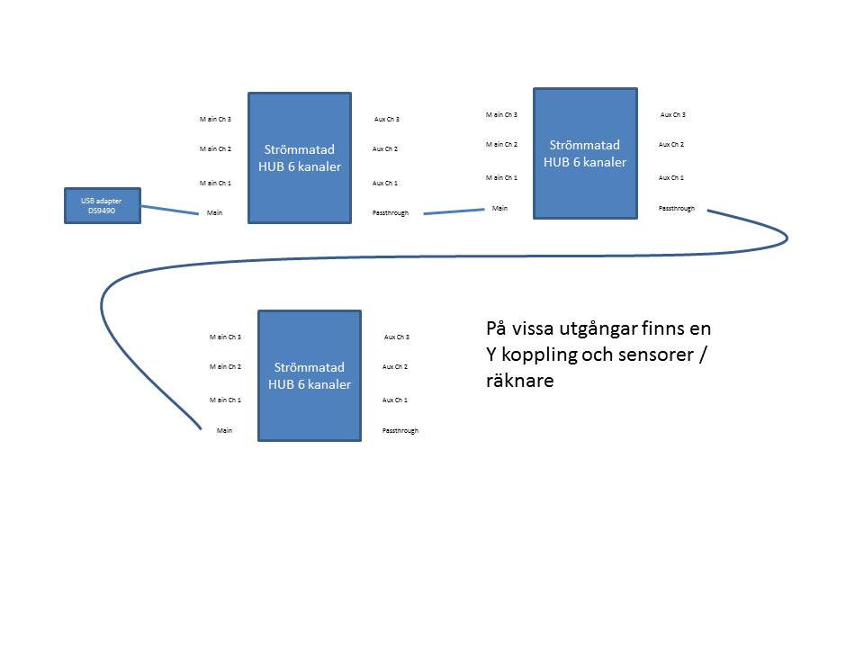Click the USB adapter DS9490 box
coord(103,205)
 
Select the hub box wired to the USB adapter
coord(300,157)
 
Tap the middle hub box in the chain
coord(585,153)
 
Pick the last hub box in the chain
coord(310,375)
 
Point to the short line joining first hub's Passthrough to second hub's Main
coord(454,211)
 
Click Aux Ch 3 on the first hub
coord(387,120)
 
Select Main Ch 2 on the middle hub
coord(501,144)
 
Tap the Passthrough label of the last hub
coord(400,431)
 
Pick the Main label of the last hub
coord(225,431)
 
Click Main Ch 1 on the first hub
coord(215,184)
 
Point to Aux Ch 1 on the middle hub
coord(671,177)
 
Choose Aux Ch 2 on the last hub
coord(396,367)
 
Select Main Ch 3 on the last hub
coord(225,337)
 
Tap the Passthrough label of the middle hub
coord(677,208)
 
